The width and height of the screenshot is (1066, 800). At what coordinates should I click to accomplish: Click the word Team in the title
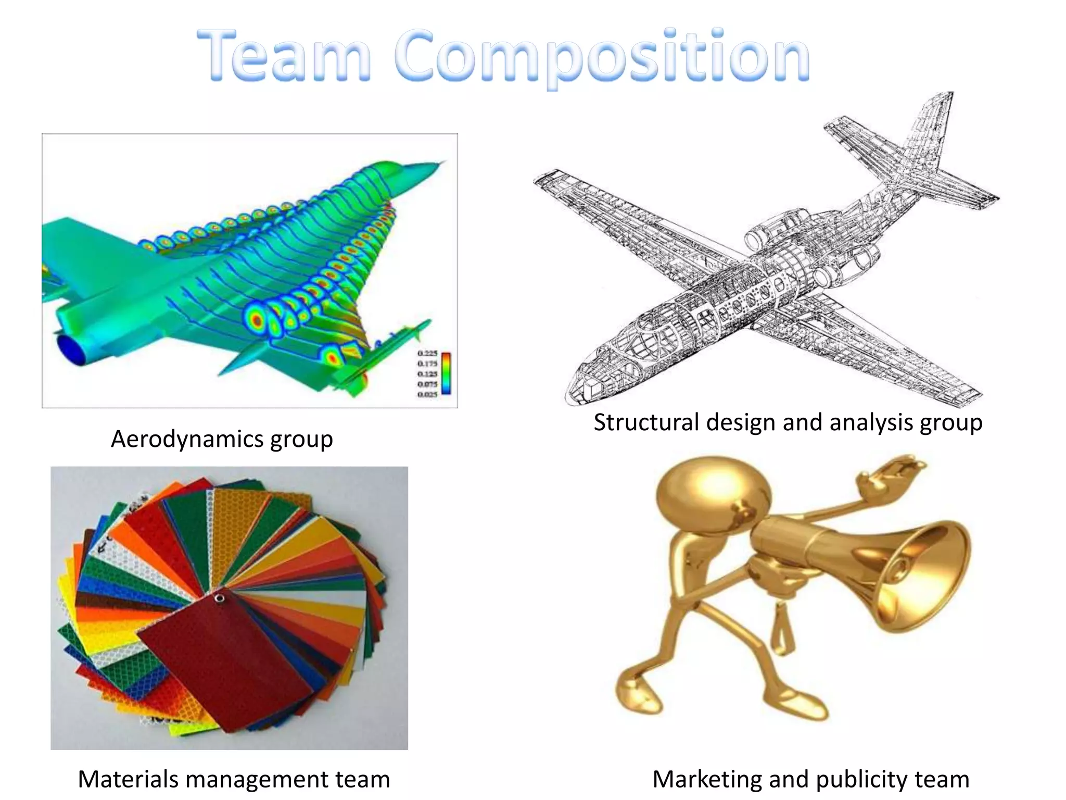284,56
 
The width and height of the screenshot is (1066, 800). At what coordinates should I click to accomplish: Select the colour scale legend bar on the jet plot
446,373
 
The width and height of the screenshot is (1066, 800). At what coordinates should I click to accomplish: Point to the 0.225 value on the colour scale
427,354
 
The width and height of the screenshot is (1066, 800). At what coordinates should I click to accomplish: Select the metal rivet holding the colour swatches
219,597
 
